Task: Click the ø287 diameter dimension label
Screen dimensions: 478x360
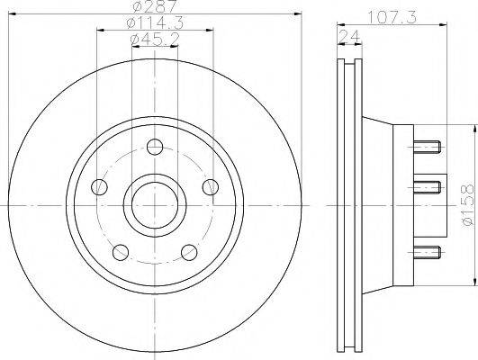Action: tap(155, 5)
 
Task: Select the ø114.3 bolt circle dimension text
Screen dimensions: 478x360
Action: tap(155, 22)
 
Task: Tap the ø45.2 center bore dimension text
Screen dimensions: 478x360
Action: tap(155, 40)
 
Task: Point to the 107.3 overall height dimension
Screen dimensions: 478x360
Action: tap(392, 17)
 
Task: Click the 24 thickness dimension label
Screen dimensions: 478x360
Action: tap(349, 37)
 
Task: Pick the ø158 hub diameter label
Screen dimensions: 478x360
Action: tap(469, 205)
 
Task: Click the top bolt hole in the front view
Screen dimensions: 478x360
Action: tap(155, 147)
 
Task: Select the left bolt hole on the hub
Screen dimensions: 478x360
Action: tap(99, 187)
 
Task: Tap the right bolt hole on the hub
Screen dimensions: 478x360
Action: tap(211, 187)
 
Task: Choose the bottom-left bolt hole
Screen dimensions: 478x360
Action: tap(121, 252)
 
